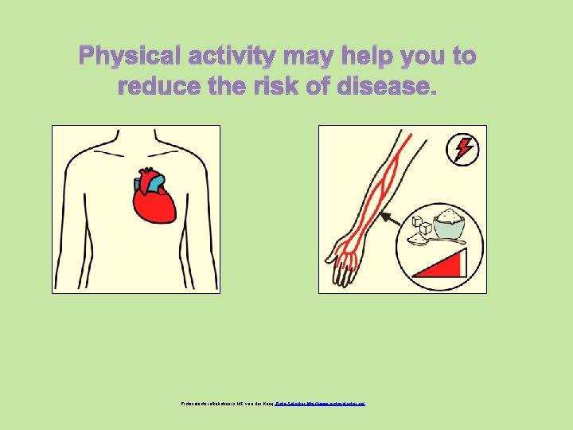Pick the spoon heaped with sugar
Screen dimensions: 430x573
(x=420, y=238)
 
